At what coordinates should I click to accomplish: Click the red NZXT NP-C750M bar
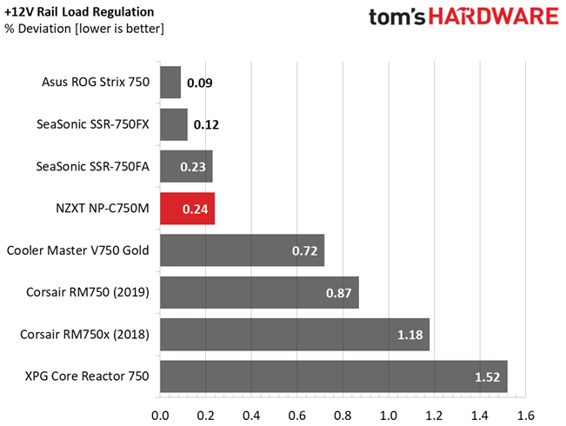(x=187, y=209)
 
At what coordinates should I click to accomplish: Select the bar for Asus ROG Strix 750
(x=170, y=83)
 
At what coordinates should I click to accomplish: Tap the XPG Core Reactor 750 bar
(x=334, y=376)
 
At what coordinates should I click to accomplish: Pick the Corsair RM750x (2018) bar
(x=295, y=335)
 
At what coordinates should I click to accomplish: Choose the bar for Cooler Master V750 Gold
(x=243, y=250)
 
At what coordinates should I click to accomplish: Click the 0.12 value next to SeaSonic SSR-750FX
(x=206, y=125)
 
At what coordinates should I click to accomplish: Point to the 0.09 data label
(x=200, y=83)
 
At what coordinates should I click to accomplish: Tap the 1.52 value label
(x=487, y=377)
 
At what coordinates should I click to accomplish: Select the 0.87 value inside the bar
(x=338, y=293)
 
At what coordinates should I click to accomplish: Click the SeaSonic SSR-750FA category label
(x=92, y=166)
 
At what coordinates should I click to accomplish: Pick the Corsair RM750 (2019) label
(x=88, y=292)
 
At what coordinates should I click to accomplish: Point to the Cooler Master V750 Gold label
(x=78, y=250)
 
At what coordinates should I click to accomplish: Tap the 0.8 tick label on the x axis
(x=343, y=416)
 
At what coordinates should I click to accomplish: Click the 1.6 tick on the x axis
(x=525, y=416)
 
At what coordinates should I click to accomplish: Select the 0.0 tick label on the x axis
(x=160, y=416)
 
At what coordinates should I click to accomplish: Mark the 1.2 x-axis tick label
(x=434, y=416)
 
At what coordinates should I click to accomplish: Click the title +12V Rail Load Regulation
(x=79, y=12)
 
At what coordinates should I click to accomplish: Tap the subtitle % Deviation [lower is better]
(x=84, y=29)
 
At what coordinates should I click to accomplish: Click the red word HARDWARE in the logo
(x=494, y=17)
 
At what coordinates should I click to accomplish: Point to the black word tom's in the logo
(x=397, y=17)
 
